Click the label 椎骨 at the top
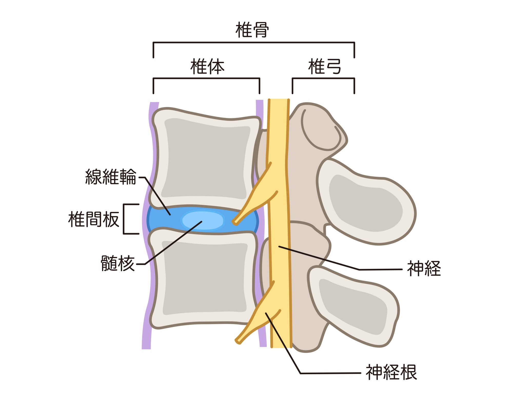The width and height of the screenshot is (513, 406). click(252, 30)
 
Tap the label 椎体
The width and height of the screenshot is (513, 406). click(207, 66)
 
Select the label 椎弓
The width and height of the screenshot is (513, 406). click(324, 66)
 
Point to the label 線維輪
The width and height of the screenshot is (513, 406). click(111, 177)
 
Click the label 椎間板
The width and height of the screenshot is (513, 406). click(94, 219)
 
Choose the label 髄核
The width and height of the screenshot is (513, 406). click(118, 263)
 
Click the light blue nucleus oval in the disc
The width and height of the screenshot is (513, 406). click(203, 220)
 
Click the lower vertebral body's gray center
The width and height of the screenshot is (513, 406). click(204, 278)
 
